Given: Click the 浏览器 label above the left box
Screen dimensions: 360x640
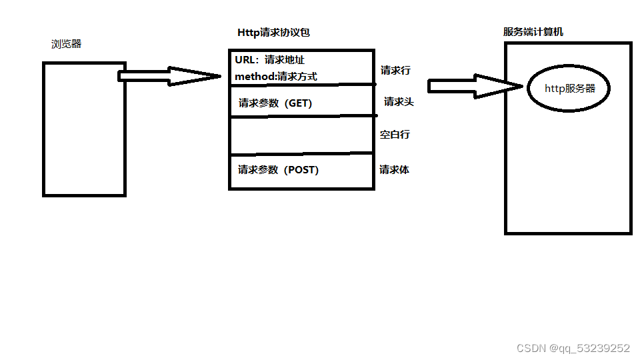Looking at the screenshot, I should (67, 45).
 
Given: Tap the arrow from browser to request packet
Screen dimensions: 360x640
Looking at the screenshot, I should (170, 76).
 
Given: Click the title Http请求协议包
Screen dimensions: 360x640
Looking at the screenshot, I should (273, 33).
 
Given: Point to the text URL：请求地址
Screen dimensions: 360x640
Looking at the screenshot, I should (270, 60).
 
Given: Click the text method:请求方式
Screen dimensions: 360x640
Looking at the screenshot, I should (276, 77).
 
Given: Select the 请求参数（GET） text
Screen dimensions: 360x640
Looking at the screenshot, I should (275, 103).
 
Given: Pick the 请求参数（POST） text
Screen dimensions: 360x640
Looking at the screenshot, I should (279, 170).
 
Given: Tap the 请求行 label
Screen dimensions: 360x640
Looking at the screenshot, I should (395, 70).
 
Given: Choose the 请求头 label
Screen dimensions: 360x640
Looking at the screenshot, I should (399, 102).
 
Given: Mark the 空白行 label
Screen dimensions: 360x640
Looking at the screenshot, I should (395, 135).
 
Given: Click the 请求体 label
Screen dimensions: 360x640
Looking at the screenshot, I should (394, 170).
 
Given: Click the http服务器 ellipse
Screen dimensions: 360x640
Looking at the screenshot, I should (569, 89).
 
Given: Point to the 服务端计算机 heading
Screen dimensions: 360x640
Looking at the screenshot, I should (533, 32).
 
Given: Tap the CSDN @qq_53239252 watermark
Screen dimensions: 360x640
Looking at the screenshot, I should (573, 348).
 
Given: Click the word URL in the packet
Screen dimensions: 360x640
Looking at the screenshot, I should (245, 60).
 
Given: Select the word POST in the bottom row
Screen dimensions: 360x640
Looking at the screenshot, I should (301, 170).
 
